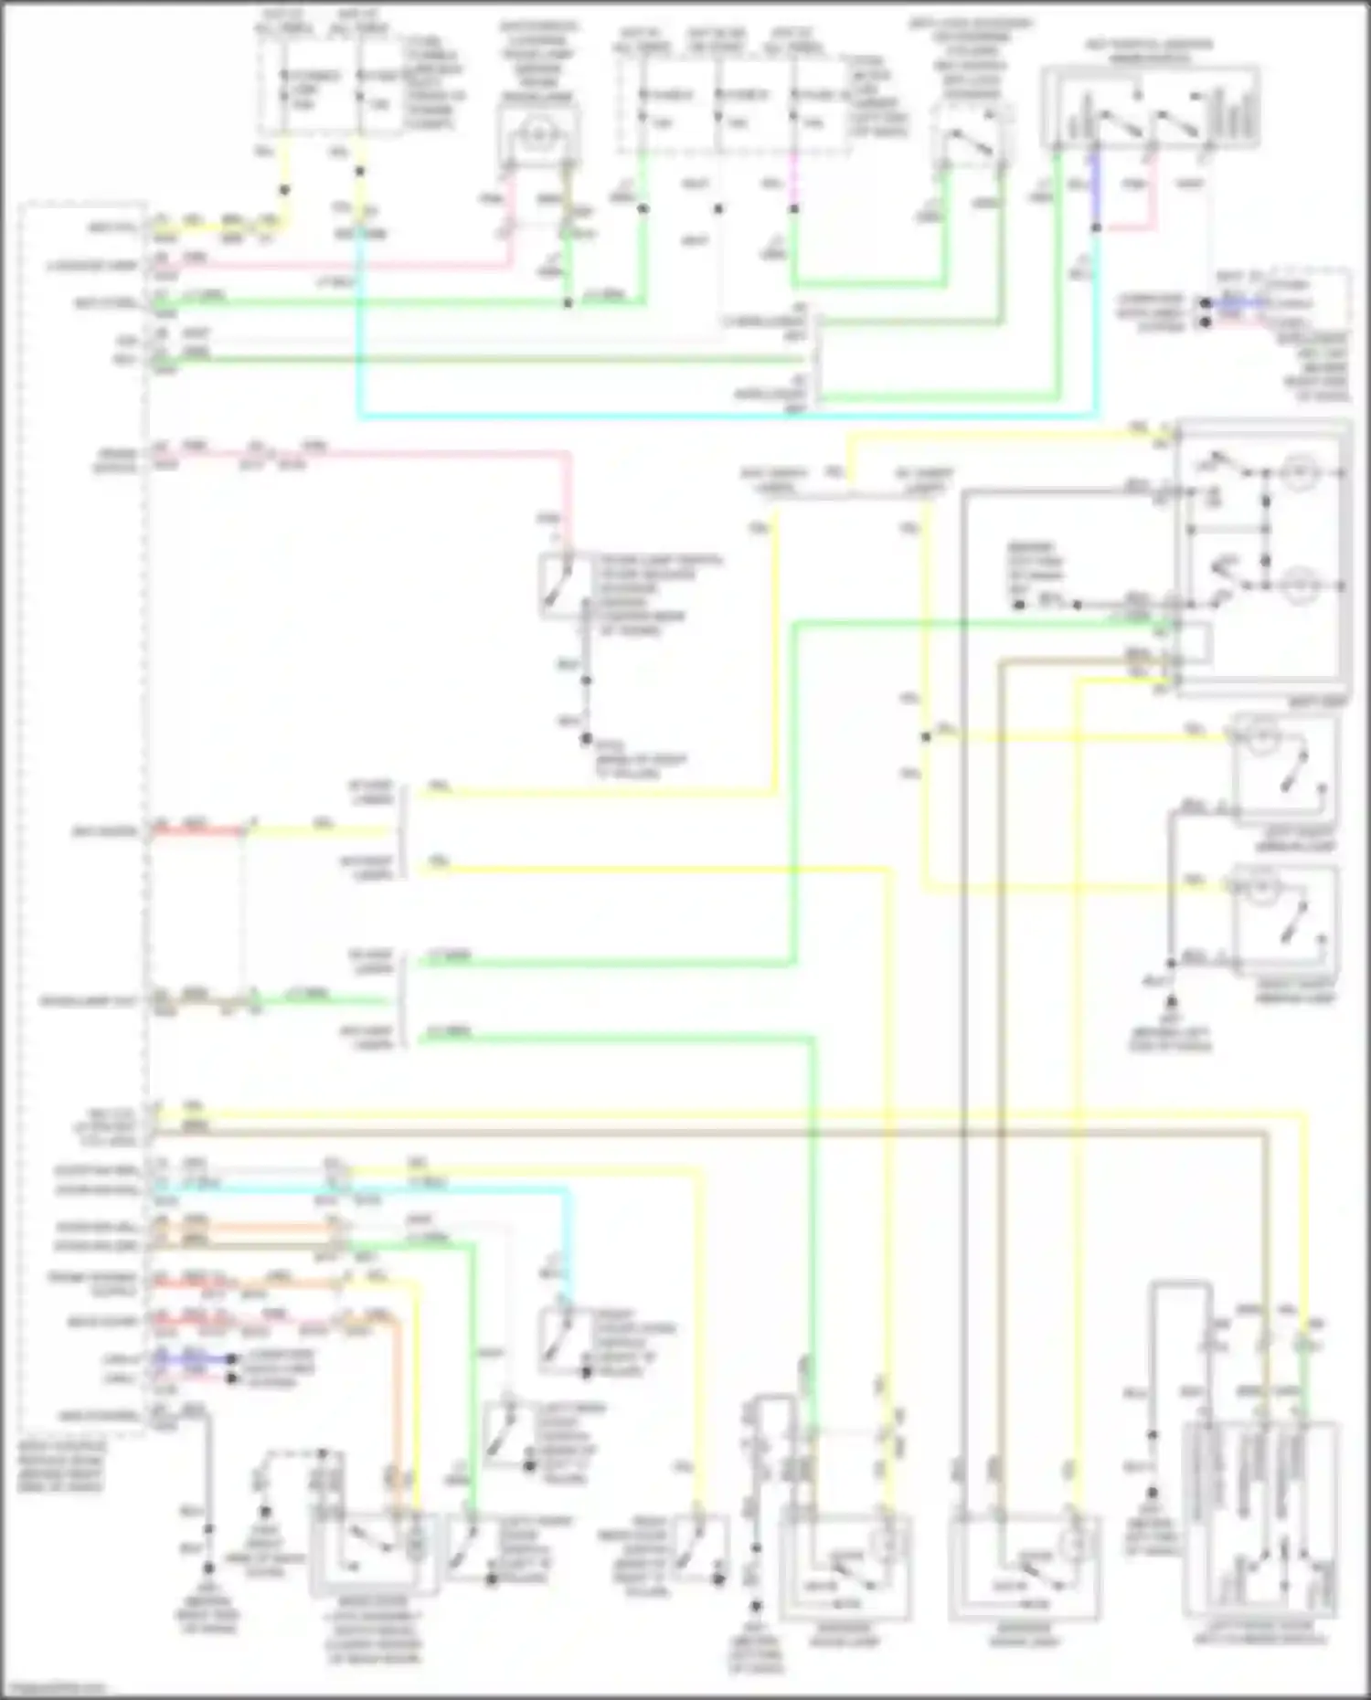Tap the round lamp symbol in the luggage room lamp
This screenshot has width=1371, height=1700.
pos(537,133)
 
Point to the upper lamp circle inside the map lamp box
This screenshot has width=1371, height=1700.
pos(1295,473)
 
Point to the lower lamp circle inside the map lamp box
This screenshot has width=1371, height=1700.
pos(1295,585)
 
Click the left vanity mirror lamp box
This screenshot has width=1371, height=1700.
pos(1283,772)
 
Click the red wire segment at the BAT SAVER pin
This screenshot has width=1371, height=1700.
pos(197,831)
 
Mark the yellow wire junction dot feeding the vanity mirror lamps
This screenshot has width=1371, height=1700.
pos(926,737)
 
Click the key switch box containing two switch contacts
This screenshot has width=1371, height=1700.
pos(1150,108)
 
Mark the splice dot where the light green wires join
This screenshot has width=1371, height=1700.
pos(568,302)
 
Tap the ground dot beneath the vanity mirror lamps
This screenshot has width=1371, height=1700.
pos(1171,963)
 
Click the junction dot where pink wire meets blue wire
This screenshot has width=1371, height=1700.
pos(1097,227)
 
